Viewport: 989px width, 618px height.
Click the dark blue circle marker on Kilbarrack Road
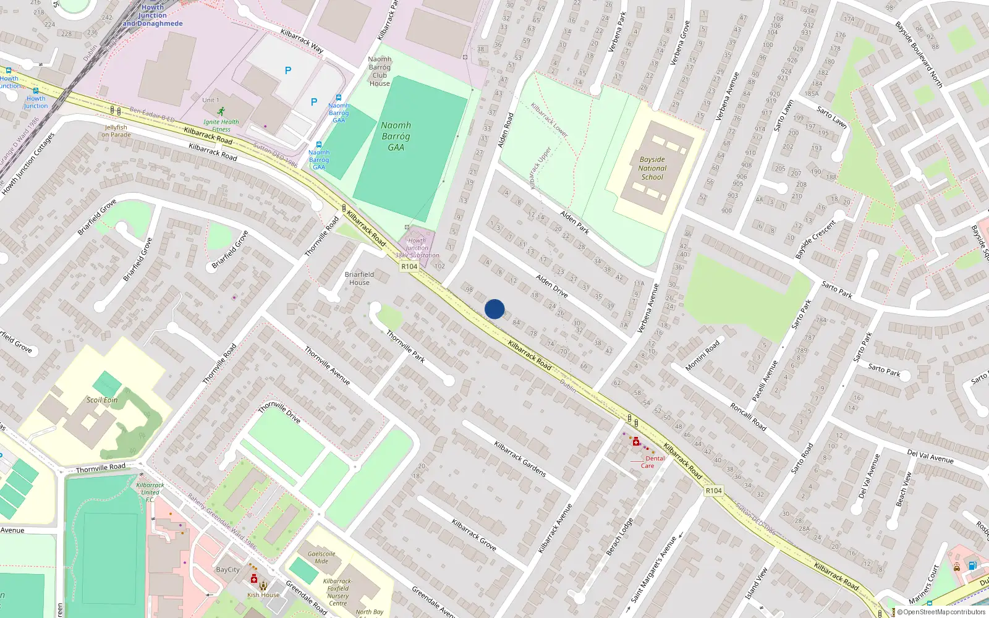(494, 309)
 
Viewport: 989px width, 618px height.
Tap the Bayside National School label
(652, 168)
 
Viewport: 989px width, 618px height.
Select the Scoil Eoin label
(102, 400)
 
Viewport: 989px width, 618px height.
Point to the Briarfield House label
(359, 278)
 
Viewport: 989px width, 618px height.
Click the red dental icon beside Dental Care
(636, 441)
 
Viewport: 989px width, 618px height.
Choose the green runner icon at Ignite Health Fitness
(221, 111)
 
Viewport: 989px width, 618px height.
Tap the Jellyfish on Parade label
(116, 131)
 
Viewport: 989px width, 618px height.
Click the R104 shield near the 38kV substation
(409, 266)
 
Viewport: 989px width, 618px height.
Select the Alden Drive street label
(552, 286)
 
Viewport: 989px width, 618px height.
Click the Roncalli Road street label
(748, 417)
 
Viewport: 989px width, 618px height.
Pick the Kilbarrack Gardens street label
(520, 459)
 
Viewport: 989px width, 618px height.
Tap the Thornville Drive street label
(279, 412)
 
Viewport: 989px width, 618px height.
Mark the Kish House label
(263, 595)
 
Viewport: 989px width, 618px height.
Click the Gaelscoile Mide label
(321, 557)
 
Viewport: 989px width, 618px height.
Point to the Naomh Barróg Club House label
(380, 71)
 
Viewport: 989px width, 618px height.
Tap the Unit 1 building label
(210, 99)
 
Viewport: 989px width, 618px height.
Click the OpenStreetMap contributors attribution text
(944, 612)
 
